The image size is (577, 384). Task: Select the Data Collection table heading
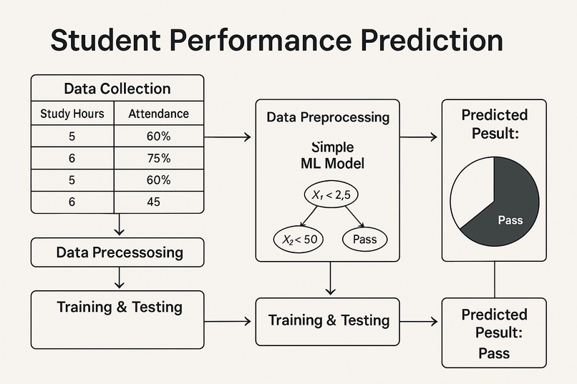coord(117,89)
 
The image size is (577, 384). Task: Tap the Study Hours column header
coord(72,114)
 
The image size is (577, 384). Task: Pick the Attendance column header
coord(158,114)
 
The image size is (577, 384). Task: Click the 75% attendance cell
coord(158,158)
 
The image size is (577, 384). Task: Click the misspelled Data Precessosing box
coord(119,252)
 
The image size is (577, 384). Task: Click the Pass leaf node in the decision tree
coord(365,240)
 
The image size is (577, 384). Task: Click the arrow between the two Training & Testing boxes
coord(230,321)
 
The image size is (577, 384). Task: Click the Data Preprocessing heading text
coord(328,117)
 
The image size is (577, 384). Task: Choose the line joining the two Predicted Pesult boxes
coord(495,279)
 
